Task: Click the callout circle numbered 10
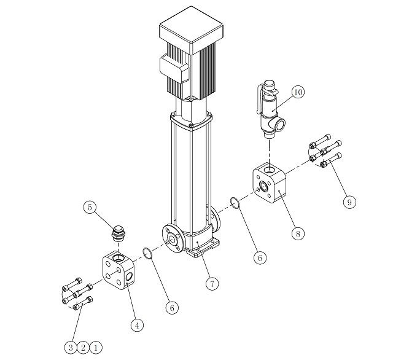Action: (x=298, y=92)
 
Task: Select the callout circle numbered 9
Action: (x=349, y=202)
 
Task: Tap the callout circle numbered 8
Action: (x=298, y=233)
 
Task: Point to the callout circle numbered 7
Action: (x=212, y=284)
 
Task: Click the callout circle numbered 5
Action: (x=90, y=207)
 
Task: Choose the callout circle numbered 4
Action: (x=137, y=326)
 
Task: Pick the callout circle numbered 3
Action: (x=71, y=348)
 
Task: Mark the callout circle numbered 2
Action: (x=84, y=348)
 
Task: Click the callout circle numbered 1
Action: (x=96, y=348)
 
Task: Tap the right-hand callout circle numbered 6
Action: (x=260, y=258)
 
